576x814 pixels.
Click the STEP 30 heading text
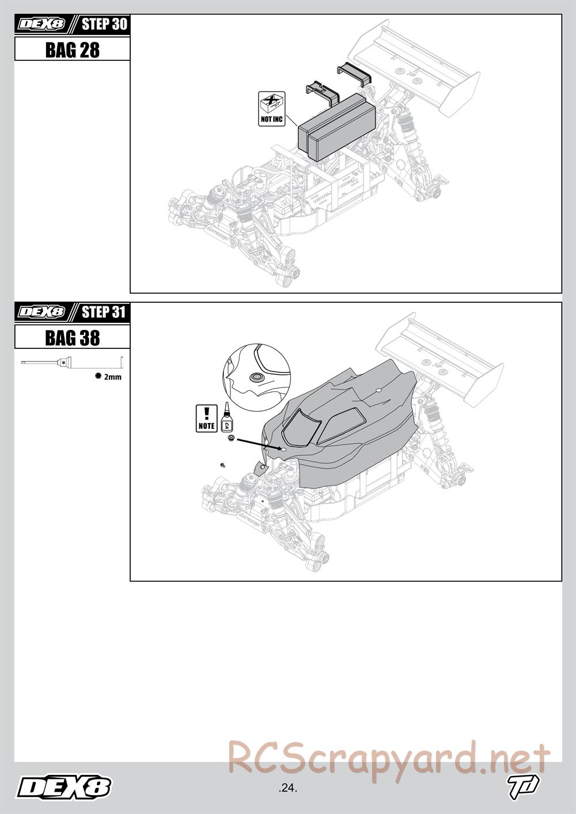point(104,24)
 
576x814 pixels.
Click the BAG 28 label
point(73,50)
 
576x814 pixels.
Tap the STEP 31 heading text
point(104,312)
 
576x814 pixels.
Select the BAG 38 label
point(73,337)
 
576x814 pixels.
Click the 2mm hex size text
point(113,377)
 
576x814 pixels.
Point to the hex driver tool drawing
point(72,362)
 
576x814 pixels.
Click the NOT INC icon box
point(271,109)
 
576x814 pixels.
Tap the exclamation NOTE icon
point(207,419)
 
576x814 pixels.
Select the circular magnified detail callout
point(256,378)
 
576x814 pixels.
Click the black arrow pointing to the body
point(259,444)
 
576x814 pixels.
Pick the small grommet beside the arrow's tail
point(230,437)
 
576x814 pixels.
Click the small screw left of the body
point(223,465)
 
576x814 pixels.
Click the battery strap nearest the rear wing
point(354,74)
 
